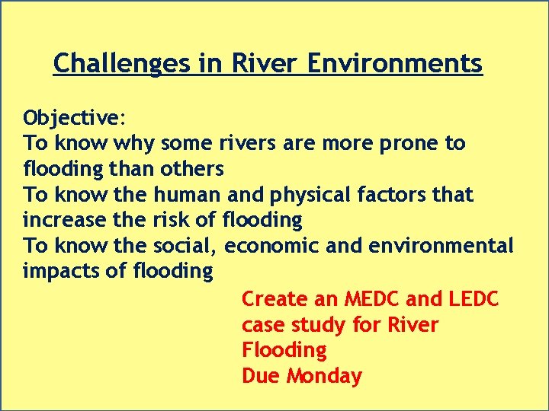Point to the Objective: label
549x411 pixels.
tap(75, 118)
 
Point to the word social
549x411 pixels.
tap(188, 246)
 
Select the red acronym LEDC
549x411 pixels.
tap(470, 299)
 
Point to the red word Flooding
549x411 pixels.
tap(284, 350)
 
